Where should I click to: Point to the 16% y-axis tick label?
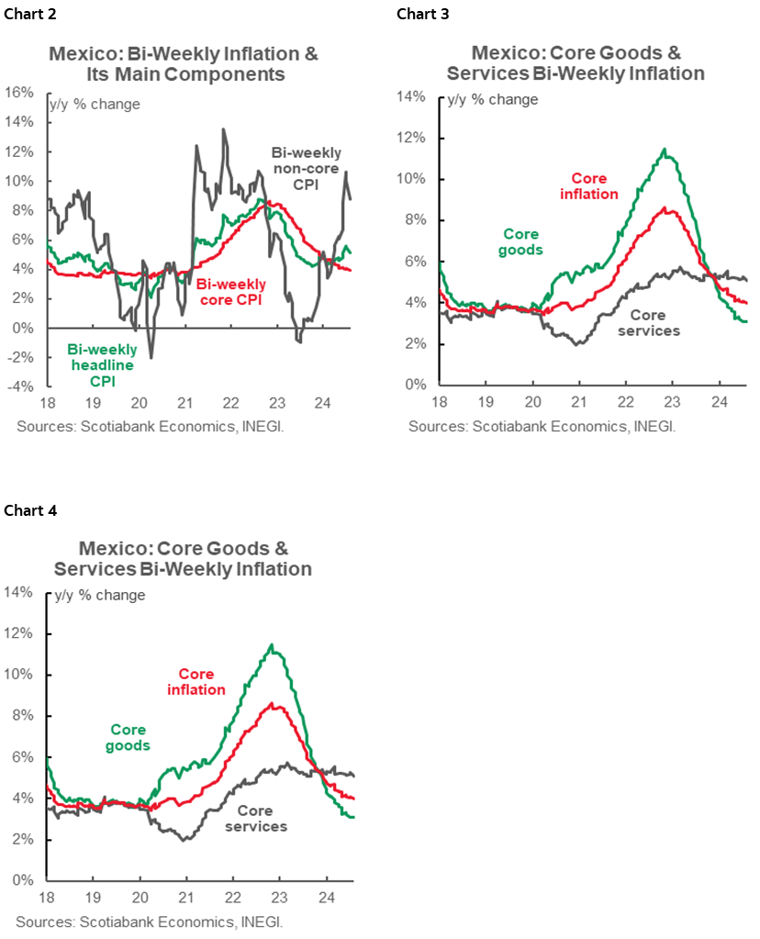tap(19, 92)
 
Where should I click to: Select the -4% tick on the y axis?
tap(19, 386)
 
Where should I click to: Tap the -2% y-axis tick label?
tap(19, 357)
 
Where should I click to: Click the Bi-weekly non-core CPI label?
tap(306, 169)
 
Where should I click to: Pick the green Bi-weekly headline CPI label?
tap(102, 364)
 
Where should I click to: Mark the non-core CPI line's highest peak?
tap(223, 129)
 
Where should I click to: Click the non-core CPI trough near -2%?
tap(151, 357)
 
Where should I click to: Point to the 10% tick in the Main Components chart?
tap(19, 180)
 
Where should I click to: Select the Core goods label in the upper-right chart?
tap(521, 241)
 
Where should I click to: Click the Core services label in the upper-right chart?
tap(649, 322)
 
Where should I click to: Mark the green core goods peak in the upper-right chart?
tap(665, 150)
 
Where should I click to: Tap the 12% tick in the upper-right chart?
tap(412, 138)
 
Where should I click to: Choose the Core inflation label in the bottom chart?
tap(201, 681)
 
